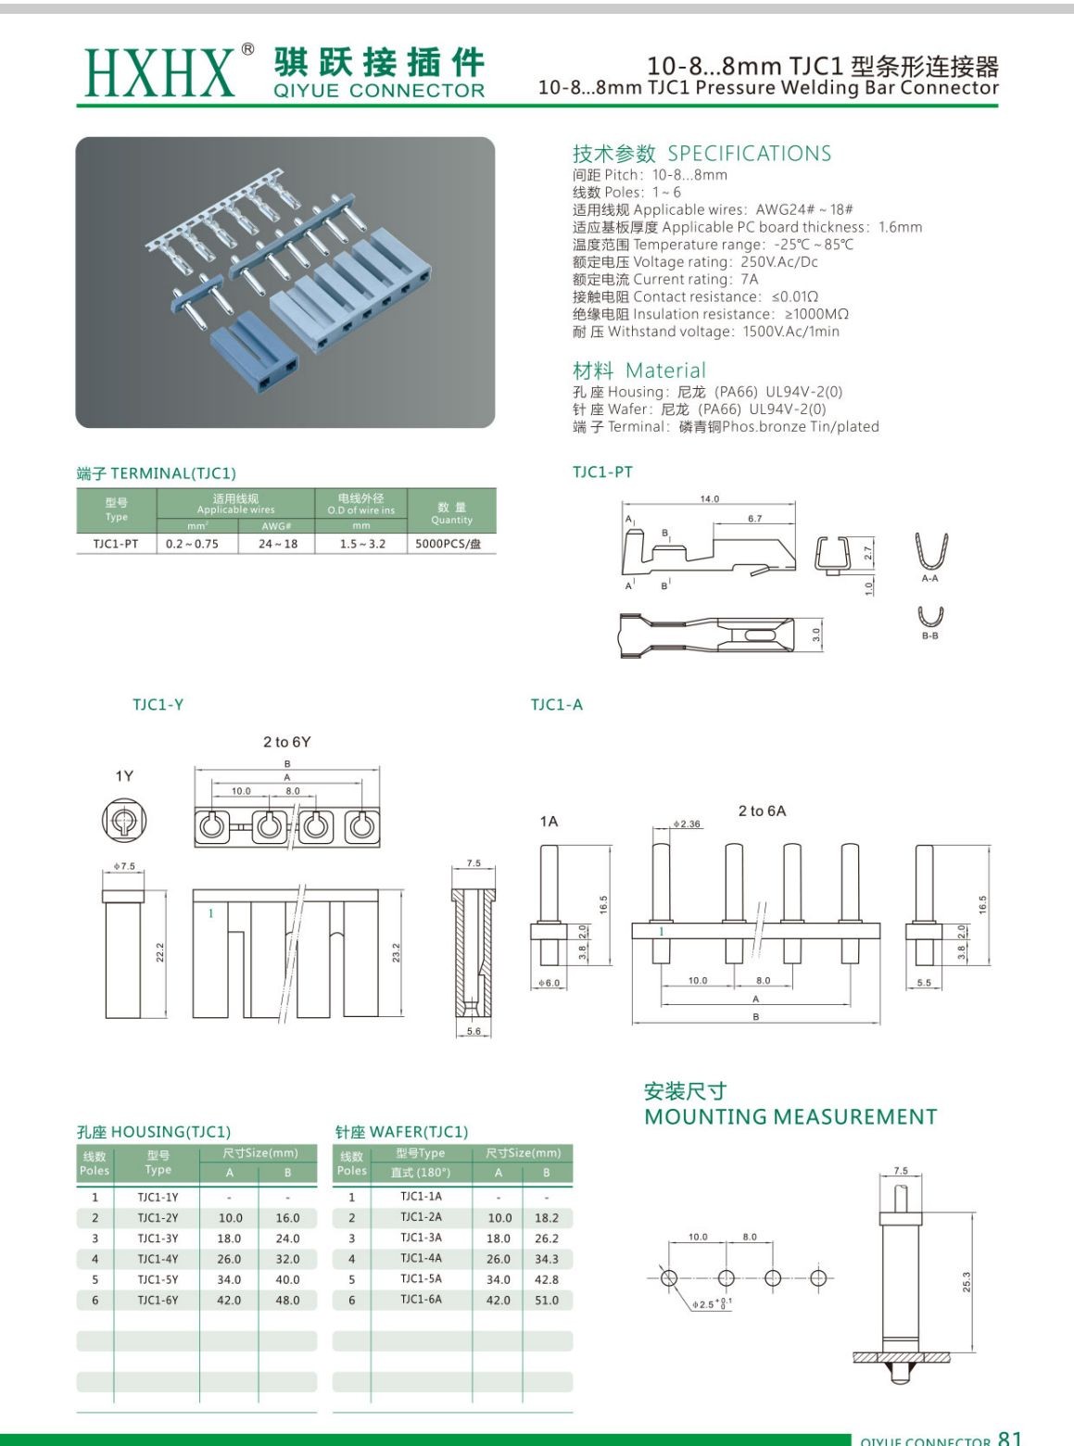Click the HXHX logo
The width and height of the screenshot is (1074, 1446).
(158, 72)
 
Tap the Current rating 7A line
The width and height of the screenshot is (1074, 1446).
(665, 279)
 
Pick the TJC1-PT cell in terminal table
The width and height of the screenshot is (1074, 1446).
(116, 544)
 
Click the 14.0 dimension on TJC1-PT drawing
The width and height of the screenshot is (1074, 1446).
(709, 499)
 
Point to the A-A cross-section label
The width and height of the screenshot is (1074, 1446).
(929, 578)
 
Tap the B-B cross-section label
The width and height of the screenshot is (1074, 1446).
(929, 635)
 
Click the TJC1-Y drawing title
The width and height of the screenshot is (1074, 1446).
(158, 705)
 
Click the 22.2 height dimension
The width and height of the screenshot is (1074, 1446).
(159, 952)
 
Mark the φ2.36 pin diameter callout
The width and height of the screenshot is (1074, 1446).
(687, 824)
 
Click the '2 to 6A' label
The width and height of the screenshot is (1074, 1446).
(762, 811)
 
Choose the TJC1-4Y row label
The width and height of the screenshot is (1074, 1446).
(158, 1259)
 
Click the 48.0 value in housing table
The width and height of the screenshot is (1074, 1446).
(287, 1300)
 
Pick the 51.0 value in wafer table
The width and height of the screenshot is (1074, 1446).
(547, 1300)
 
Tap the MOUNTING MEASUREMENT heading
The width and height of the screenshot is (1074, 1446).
(790, 1117)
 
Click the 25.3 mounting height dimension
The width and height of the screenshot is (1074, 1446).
(967, 1282)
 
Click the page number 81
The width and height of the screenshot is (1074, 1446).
(1010, 1438)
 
